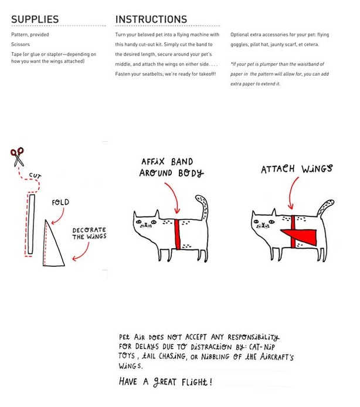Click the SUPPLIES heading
click(x=35, y=19)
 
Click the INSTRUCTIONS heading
click(x=151, y=19)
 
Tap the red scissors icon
click(x=17, y=157)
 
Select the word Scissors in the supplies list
click(x=21, y=44)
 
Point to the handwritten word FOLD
click(x=60, y=202)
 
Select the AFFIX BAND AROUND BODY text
click(x=170, y=167)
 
